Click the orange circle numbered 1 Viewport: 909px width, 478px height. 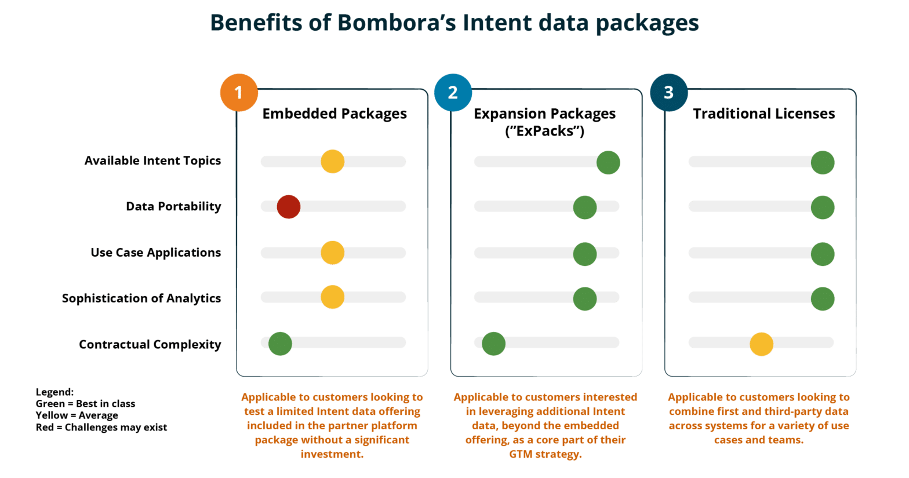pyautogui.click(x=238, y=93)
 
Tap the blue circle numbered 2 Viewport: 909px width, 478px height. pyautogui.click(x=453, y=93)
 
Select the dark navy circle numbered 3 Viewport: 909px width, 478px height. pyautogui.click(x=668, y=93)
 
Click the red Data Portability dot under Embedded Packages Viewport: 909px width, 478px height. pyautogui.click(x=288, y=206)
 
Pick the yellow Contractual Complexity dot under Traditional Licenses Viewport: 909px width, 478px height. pyautogui.click(x=761, y=344)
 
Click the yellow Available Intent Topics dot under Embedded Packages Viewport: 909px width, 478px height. pyautogui.click(x=332, y=161)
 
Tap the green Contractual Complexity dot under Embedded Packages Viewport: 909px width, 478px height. pyautogui.click(x=280, y=344)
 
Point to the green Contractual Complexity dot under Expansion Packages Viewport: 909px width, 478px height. pyautogui.click(x=493, y=344)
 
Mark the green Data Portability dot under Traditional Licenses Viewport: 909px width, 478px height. pyautogui.click(x=822, y=207)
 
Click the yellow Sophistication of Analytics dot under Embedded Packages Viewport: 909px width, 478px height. pyautogui.click(x=332, y=297)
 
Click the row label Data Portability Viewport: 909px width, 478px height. pyautogui.click(x=173, y=206)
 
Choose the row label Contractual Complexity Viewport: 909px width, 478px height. pyautogui.click(x=150, y=344)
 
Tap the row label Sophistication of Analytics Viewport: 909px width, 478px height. pyautogui.click(x=141, y=298)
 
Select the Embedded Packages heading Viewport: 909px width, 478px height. pyautogui.click(x=334, y=114)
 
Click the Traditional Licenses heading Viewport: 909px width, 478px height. pyautogui.click(x=763, y=114)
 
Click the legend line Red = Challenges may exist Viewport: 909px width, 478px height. pyautogui.click(x=101, y=428)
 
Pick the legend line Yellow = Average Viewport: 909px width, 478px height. pyautogui.click(x=77, y=415)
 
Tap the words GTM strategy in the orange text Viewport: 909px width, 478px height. pyautogui.click(x=545, y=454)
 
